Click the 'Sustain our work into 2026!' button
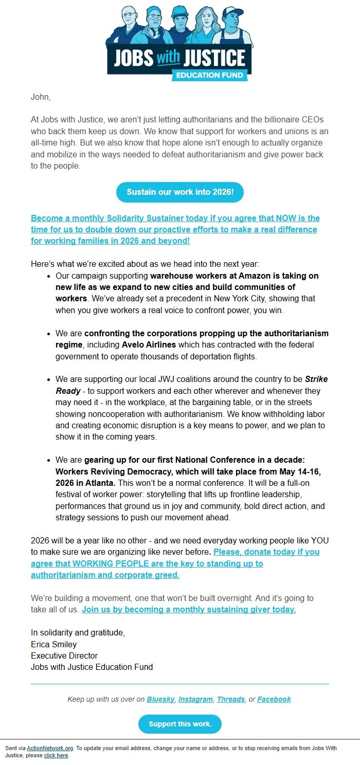click(179, 192)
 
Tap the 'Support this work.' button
click(179, 724)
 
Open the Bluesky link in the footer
click(160, 699)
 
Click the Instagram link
click(195, 699)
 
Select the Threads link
click(230, 699)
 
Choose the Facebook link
click(274, 699)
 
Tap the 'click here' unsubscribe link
click(56, 756)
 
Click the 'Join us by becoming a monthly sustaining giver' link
click(189, 610)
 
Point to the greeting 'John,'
click(41, 97)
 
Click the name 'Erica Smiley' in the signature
click(53, 644)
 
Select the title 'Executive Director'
click(64, 655)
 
